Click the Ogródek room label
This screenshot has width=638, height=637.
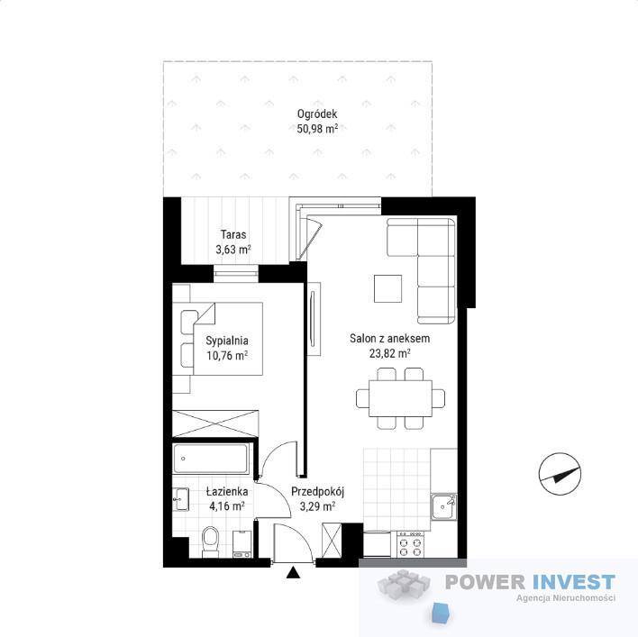(317, 114)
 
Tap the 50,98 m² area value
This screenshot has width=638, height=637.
(317, 129)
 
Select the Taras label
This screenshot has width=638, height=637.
(233, 234)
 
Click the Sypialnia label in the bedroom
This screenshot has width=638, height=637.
(227, 341)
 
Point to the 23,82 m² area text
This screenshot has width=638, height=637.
(389, 353)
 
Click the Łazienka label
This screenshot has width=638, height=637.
(227, 491)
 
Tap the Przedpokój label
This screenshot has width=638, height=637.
(318, 492)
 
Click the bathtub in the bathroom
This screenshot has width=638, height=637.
(211, 459)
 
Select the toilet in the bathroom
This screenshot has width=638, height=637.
(210, 541)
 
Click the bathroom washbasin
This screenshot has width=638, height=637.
(180, 499)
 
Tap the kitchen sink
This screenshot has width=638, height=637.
(444, 506)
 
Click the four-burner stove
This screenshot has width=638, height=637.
(410, 544)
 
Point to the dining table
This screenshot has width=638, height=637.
(400, 398)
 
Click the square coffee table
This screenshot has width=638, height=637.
(387, 288)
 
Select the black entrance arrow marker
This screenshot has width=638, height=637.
(293, 573)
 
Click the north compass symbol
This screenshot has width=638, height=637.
(560, 474)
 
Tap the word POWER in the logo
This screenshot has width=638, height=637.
(485, 582)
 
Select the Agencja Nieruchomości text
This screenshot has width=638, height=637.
(566, 598)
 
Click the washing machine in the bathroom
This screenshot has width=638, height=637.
(242, 544)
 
